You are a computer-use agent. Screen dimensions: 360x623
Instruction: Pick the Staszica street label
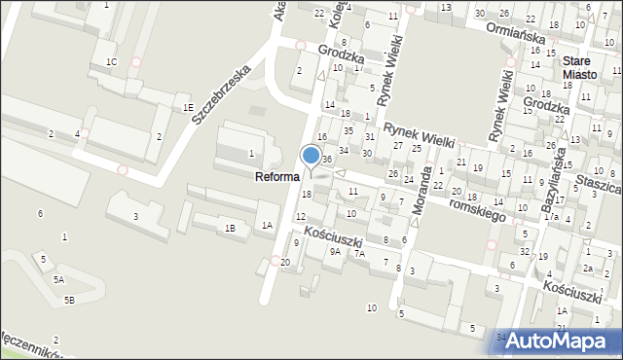[599, 182]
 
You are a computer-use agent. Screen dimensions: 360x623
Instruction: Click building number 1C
[112, 62]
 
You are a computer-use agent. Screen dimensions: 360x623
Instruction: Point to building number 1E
[186, 107]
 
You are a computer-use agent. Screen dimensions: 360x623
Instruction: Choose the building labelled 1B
[230, 229]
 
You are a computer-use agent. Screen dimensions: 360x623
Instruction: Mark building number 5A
[58, 279]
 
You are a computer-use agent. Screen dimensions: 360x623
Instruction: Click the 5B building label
[69, 300]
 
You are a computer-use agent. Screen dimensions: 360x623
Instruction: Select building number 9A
[335, 251]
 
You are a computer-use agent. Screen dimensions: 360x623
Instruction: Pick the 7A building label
[359, 253]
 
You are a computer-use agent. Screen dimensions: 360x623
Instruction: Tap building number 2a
[588, 268]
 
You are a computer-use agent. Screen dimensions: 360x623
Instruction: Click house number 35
[348, 130]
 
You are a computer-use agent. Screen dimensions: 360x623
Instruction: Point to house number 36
[328, 159]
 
